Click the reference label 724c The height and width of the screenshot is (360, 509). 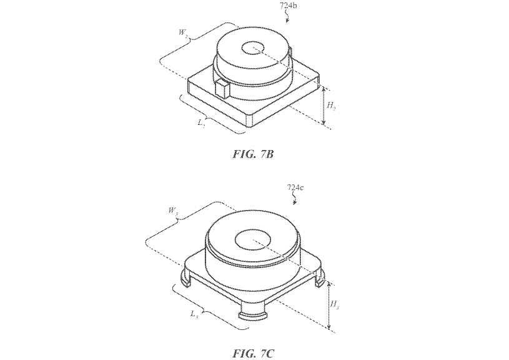point(296,187)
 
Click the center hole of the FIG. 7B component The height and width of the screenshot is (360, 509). point(255,47)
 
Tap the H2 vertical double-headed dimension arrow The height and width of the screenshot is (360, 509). point(324,107)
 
